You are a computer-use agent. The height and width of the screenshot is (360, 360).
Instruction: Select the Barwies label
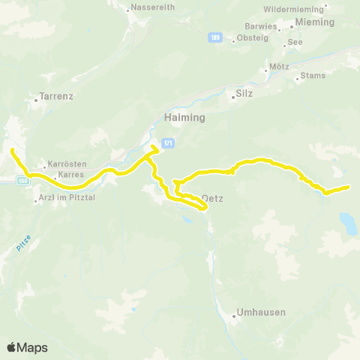(x=260, y=25)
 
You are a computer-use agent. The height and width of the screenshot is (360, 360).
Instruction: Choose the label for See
(x=295, y=43)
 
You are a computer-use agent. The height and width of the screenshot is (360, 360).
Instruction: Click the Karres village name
(x=70, y=174)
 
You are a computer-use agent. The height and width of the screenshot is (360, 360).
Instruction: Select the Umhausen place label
(x=260, y=312)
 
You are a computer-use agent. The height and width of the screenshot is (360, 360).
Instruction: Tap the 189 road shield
(x=216, y=37)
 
